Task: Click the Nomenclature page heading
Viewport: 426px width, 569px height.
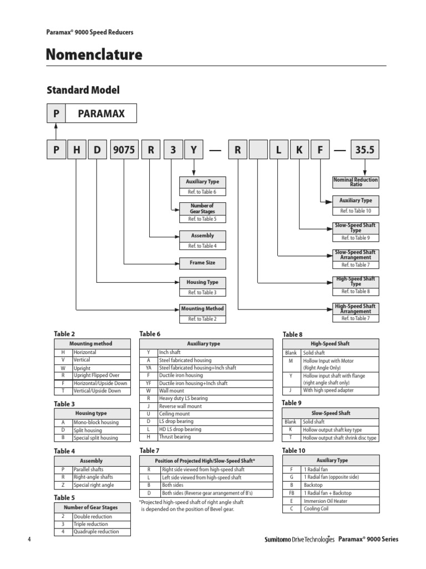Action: point(94,55)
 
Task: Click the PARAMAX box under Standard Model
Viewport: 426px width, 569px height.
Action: point(101,113)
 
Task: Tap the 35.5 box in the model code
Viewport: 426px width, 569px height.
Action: point(365,150)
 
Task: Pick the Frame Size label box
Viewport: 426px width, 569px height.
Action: point(202,262)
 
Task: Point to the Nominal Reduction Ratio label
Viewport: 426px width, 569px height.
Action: point(356,182)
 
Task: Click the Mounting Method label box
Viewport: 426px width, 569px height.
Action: point(202,308)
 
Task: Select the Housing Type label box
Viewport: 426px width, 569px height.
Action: point(202,282)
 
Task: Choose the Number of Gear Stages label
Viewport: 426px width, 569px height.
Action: point(202,208)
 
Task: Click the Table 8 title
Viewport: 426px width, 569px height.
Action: point(293,335)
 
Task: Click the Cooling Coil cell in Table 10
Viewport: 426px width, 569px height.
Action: point(316,508)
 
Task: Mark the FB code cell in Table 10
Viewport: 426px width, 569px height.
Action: point(292,493)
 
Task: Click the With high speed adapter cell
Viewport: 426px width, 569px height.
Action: point(328,390)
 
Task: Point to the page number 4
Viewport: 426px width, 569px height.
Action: point(28,539)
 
